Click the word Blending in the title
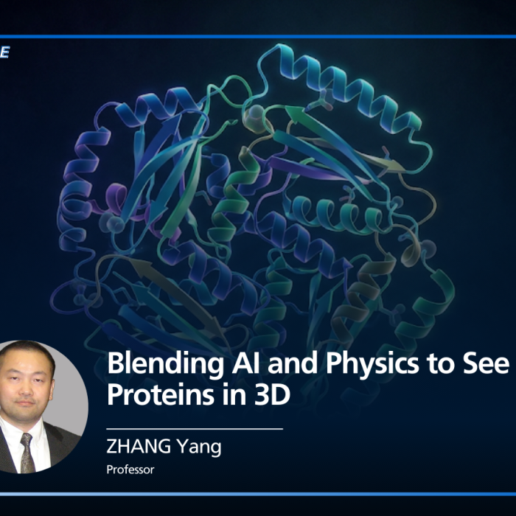pyautogui.click(x=153, y=363)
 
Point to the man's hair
pyautogui.click(x=26, y=352)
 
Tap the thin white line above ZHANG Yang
pyautogui.click(x=195, y=428)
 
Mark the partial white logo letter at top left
pyautogui.click(x=4, y=53)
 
